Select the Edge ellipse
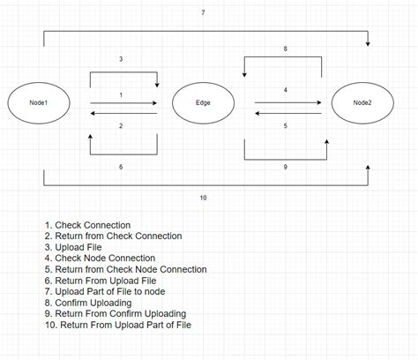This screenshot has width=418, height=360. (x=202, y=104)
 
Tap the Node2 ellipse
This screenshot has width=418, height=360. (x=362, y=104)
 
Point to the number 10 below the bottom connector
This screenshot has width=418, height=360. (x=203, y=198)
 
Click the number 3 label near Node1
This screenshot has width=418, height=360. (x=122, y=59)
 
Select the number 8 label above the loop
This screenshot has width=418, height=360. (x=284, y=49)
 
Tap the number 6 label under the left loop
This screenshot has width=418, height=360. (x=122, y=165)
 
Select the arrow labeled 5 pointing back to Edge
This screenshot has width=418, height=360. (x=287, y=113)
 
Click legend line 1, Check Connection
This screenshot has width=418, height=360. (x=87, y=225)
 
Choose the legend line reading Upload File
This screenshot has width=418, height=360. (x=78, y=247)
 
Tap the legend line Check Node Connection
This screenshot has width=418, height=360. (x=102, y=259)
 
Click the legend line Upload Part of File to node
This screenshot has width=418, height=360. (x=111, y=291)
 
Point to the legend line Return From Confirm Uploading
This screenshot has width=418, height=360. (x=115, y=313)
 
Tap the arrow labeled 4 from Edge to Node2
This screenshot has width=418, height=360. (x=287, y=102)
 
